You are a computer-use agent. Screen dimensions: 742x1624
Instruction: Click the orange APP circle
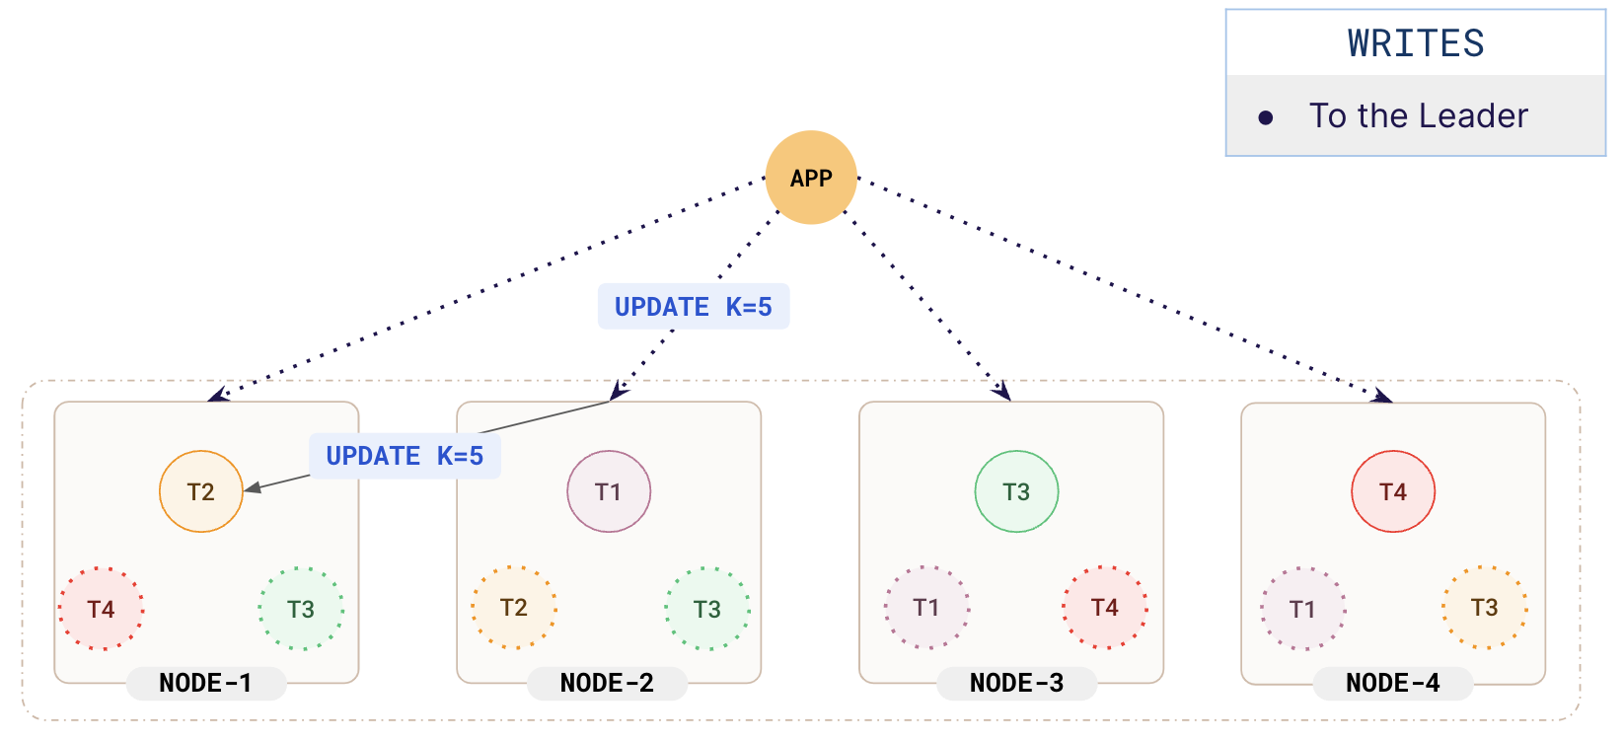pos(811,178)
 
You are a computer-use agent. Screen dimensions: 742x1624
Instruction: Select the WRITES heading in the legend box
pos(1416,44)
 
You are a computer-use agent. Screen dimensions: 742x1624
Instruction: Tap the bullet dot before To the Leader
pos(1266,118)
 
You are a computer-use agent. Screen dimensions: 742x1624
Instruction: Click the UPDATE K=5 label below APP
pos(693,307)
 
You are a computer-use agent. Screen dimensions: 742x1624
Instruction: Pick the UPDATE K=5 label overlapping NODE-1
pos(405,456)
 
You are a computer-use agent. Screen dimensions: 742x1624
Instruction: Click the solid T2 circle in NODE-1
pos(201,491)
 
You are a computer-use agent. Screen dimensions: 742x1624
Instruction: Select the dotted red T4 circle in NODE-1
pos(102,609)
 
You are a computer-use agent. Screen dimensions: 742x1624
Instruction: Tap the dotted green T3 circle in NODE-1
pos(301,609)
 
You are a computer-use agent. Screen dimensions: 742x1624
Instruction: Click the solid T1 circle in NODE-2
pos(609,491)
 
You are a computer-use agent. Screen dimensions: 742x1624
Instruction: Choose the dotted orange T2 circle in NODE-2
pos(514,608)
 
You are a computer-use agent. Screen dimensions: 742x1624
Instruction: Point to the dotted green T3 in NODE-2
pos(707,609)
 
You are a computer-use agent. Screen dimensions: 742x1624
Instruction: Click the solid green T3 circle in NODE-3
pos(1016,491)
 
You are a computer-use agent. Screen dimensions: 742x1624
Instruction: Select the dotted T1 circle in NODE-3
pos(926,608)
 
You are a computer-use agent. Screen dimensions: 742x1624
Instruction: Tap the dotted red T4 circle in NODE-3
pos(1105,608)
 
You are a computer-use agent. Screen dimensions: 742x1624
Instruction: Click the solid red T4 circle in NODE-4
pos(1393,491)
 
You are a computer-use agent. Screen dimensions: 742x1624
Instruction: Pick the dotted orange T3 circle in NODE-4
pos(1485,608)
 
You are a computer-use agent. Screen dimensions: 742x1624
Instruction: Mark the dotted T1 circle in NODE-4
pos(1302,609)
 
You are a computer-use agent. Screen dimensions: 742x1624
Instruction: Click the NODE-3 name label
pos(1016,683)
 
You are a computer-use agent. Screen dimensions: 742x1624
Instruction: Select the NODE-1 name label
pos(206,683)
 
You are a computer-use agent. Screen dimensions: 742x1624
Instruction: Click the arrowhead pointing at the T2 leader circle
pos(253,487)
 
